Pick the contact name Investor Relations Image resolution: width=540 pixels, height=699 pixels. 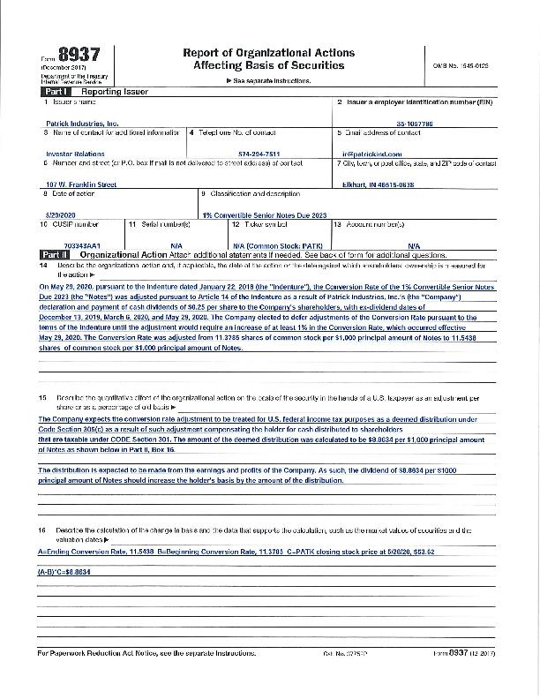coord(75,154)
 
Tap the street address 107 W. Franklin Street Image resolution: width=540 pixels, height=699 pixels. coord(80,184)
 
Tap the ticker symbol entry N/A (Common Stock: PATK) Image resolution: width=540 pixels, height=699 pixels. coord(277,244)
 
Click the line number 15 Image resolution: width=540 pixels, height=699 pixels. coord(42,398)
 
